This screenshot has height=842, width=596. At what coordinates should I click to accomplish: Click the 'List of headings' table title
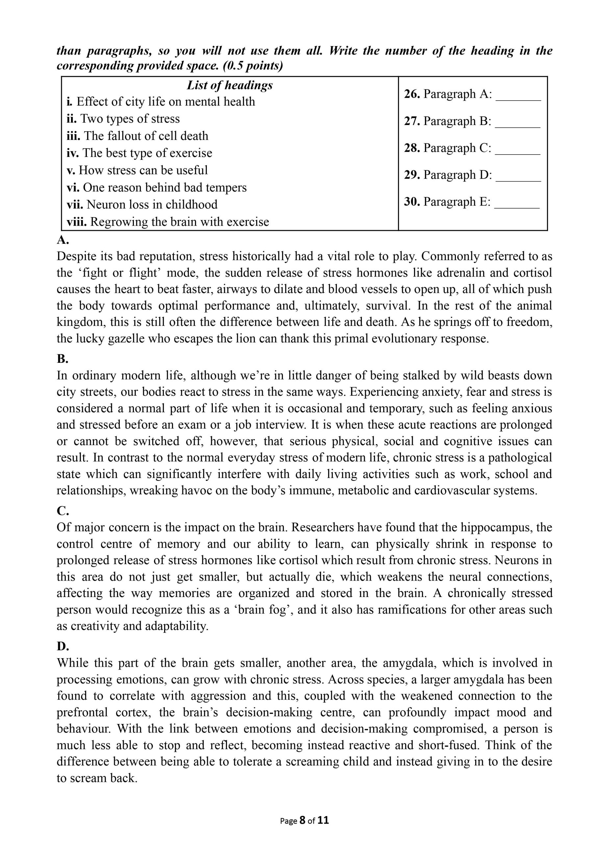point(229,85)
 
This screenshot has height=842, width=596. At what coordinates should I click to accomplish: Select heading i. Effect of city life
point(161,102)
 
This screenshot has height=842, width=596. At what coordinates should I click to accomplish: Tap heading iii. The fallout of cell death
point(137,136)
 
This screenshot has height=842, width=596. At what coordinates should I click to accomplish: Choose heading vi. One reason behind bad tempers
point(156,187)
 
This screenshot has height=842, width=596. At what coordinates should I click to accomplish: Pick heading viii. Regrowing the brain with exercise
point(168,222)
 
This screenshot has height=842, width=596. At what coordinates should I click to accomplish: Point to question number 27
point(412,121)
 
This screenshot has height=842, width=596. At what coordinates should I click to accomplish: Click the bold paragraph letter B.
point(62,359)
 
